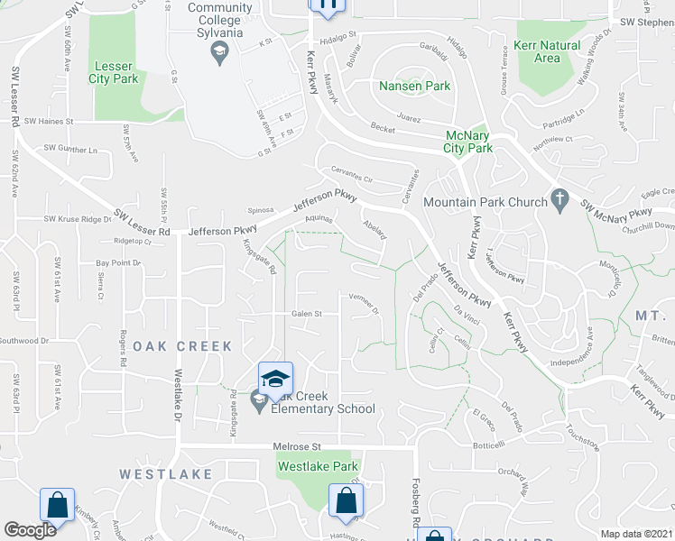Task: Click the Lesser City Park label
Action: click(x=114, y=72)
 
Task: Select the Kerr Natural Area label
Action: click(x=546, y=51)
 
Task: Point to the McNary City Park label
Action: click(x=469, y=142)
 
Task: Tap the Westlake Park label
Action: click(x=318, y=466)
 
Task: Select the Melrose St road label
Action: click(x=297, y=446)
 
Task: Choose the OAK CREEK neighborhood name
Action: click(x=182, y=346)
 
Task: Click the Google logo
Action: click(x=30, y=530)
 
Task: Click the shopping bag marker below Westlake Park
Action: click(x=345, y=500)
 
